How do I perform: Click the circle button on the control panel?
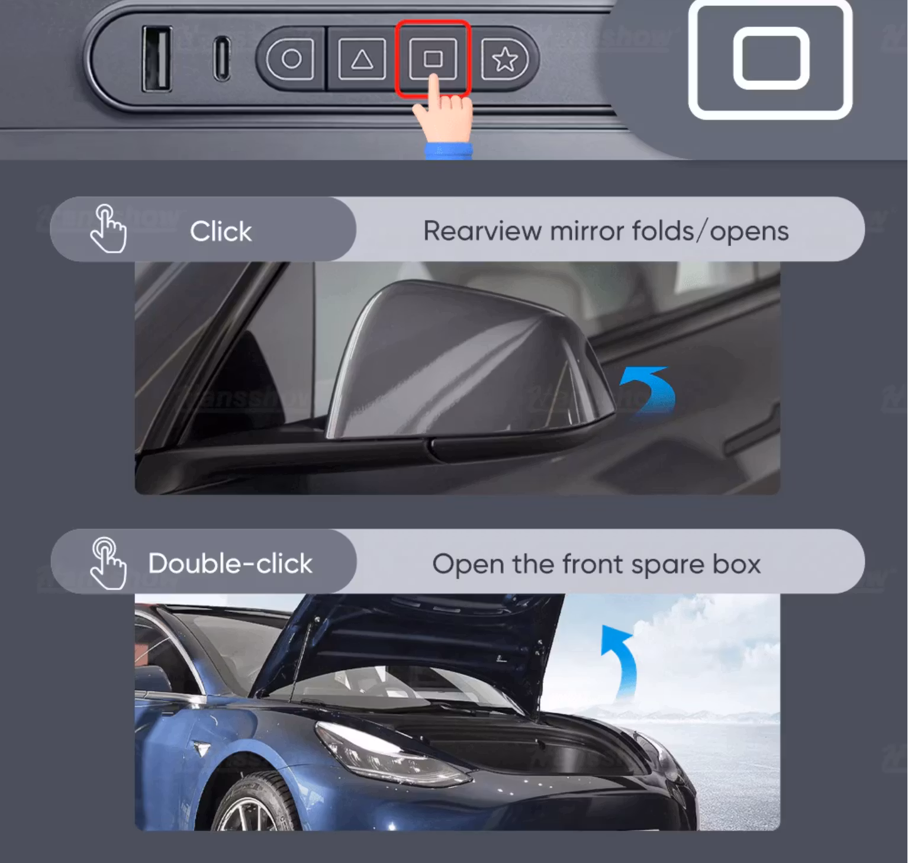click(291, 59)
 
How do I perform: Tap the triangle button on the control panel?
click(362, 59)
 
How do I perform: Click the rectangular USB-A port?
click(157, 59)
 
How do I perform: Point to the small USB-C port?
click(222, 59)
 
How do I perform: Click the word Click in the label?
click(221, 231)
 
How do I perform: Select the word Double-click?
click(230, 563)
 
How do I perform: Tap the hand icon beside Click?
click(108, 229)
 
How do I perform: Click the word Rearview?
click(482, 231)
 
